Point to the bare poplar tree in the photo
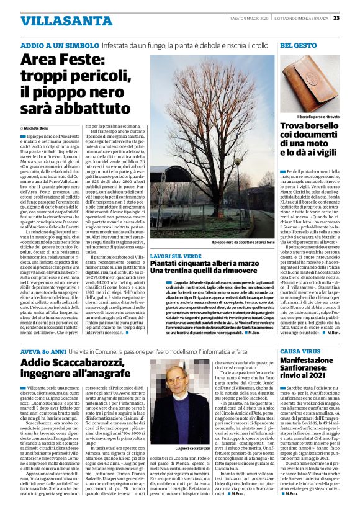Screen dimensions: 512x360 tap(211, 143)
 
